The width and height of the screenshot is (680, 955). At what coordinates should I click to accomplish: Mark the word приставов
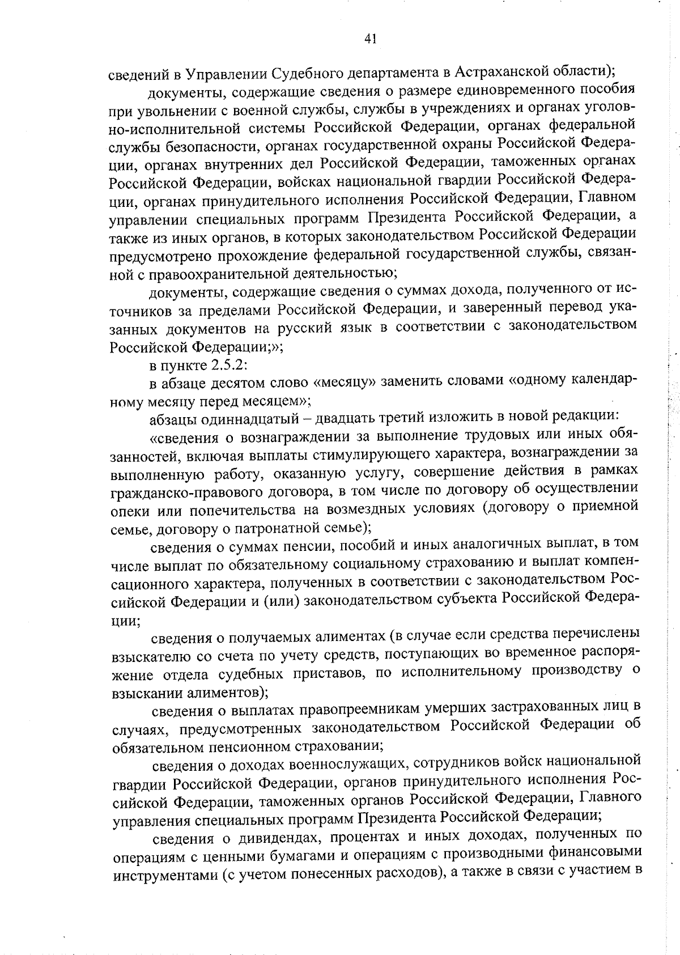click(x=353, y=673)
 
